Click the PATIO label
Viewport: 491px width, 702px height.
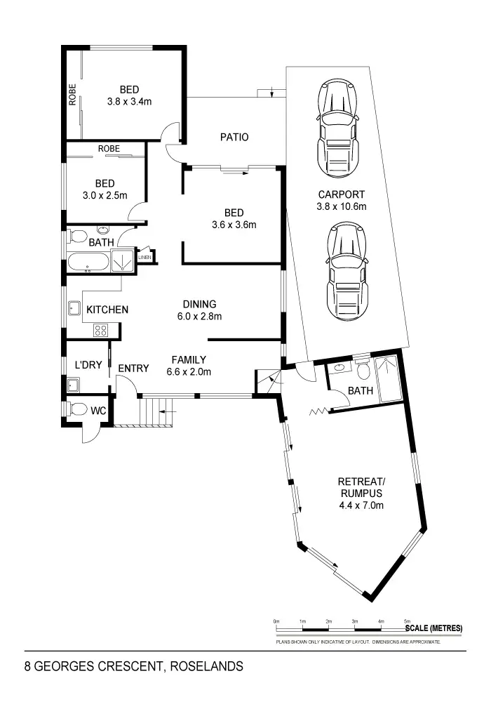click(234, 138)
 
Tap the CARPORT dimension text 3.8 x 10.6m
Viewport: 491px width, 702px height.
click(342, 206)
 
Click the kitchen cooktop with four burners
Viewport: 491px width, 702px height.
click(100, 329)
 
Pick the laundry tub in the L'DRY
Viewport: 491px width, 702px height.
click(72, 384)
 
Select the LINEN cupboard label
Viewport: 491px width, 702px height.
click(144, 258)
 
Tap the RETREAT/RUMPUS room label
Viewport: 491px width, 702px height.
click(361, 487)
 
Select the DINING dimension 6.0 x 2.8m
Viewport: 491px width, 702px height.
click(200, 316)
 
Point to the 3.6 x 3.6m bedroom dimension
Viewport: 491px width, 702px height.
click(234, 225)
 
